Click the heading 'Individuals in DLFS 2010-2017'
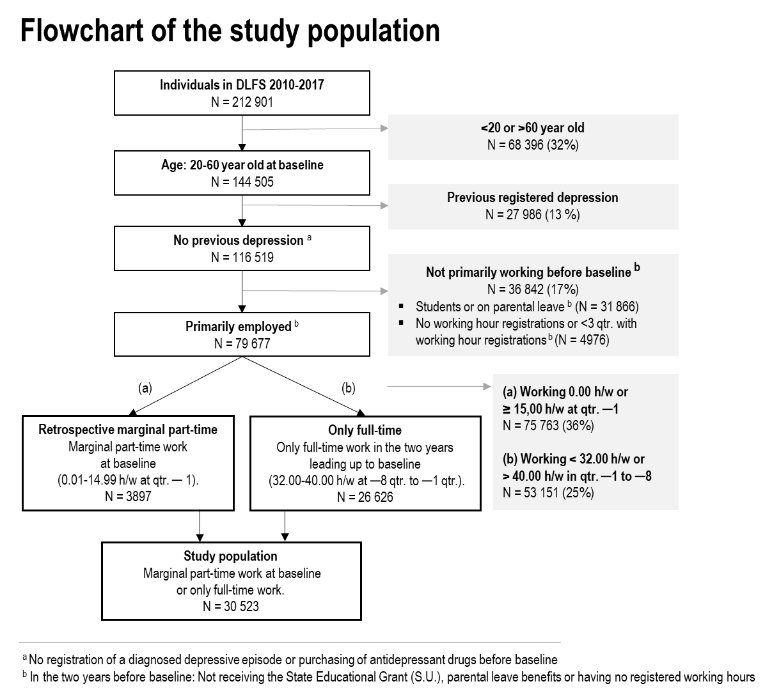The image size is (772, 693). pyautogui.click(x=242, y=84)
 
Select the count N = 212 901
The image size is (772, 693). pyautogui.click(x=242, y=102)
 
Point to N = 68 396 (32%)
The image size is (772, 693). pyautogui.click(x=533, y=145)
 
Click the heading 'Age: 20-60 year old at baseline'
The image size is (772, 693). pyautogui.click(x=242, y=165)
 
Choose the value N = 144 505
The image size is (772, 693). pyautogui.click(x=242, y=182)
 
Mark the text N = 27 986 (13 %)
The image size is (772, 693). pyautogui.click(x=533, y=215)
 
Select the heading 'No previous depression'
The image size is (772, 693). pyautogui.click(x=238, y=241)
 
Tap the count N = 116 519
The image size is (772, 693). pyautogui.click(x=242, y=258)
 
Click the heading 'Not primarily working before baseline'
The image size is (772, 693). pyautogui.click(x=528, y=272)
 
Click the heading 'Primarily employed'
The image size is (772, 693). pyautogui.click(x=238, y=327)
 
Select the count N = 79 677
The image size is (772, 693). pyautogui.click(x=242, y=344)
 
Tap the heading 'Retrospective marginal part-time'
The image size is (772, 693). pyautogui.click(x=128, y=430)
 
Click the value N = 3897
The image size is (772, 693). pyautogui.click(x=128, y=496)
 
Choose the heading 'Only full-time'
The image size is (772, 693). pyautogui.click(x=365, y=430)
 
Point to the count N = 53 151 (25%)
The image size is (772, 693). pyautogui.click(x=548, y=493)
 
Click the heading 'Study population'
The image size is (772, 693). pyautogui.click(x=230, y=556)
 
